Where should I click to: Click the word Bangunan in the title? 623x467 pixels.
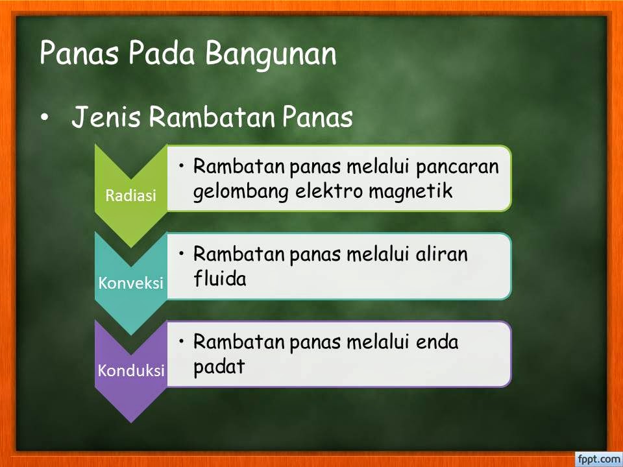[x=271, y=54]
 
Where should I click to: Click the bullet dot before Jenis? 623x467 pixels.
[x=45, y=117]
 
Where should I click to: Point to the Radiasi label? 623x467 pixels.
[x=130, y=195]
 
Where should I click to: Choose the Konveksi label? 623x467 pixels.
[x=130, y=283]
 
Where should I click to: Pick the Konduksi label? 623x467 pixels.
[x=131, y=370]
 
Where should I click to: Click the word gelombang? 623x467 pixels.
[x=241, y=192]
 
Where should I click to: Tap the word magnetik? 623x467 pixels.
[x=411, y=191]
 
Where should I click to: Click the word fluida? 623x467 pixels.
[x=220, y=278]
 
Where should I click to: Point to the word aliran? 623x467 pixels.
[x=441, y=254]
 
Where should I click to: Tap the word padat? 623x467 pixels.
[x=219, y=366]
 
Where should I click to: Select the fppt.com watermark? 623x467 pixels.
[x=598, y=459]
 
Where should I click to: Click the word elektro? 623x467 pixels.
[x=329, y=191]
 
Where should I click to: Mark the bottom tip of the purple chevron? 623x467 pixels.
[x=130, y=422]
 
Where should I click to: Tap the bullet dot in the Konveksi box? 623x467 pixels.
[x=182, y=253]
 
